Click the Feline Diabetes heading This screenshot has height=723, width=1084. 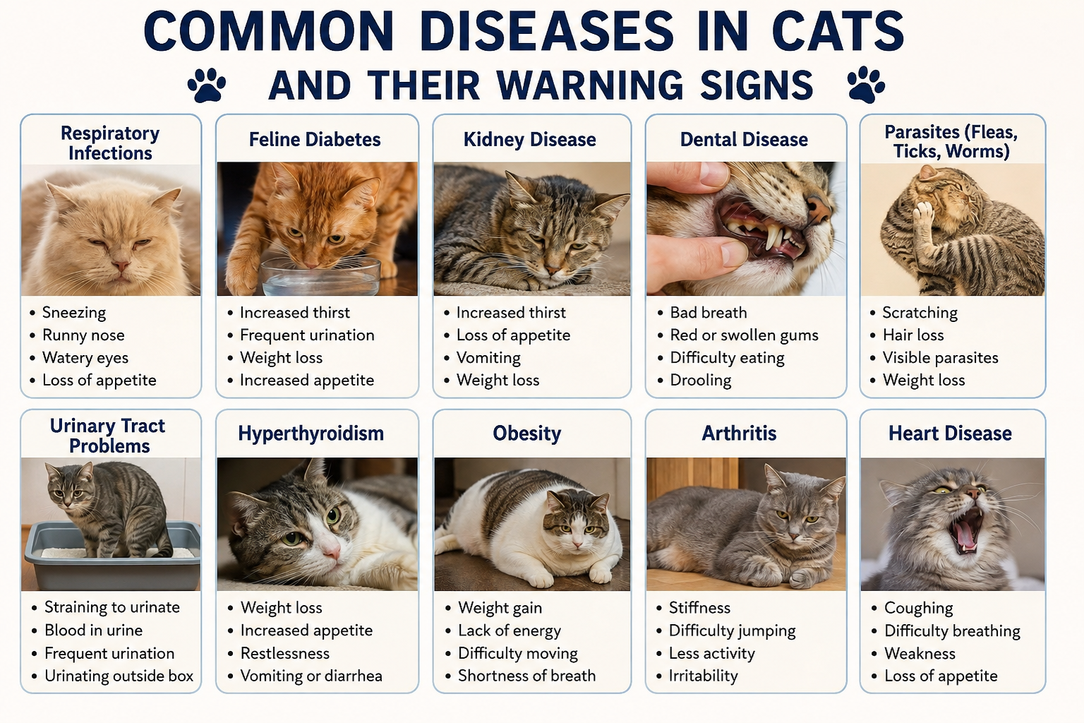click(x=315, y=140)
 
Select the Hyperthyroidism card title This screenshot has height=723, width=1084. click(x=311, y=434)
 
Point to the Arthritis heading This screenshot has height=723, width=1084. click(x=739, y=433)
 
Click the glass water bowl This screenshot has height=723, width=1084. click(x=321, y=276)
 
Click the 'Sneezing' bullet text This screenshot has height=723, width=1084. click(x=74, y=313)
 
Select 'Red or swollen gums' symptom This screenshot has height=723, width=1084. click(x=744, y=335)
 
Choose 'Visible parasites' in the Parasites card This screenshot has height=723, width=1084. click(x=940, y=358)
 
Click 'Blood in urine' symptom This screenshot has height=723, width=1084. click(x=93, y=630)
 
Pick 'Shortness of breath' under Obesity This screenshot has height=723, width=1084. click(x=526, y=676)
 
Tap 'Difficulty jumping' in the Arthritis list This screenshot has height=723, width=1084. click(x=732, y=631)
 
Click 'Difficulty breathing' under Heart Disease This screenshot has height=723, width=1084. click(x=952, y=631)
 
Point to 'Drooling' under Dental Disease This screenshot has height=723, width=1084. click(x=700, y=381)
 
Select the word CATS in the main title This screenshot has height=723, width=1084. click(x=838, y=31)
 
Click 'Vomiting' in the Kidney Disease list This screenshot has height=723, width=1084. click(x=488, y=358)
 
